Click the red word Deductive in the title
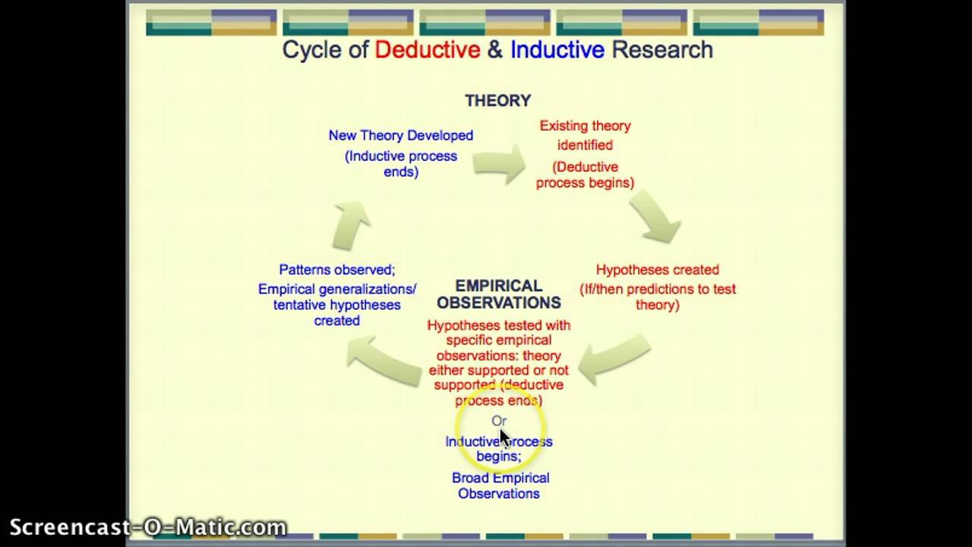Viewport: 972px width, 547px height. tap(428, 50)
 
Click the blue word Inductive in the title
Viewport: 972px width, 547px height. tap(557, 50)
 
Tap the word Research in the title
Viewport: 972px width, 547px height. tap(662, 50)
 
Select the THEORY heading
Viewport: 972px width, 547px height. tap(497, 100)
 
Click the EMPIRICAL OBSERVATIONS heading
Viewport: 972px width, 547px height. tap(498, 294)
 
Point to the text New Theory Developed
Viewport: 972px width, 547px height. tap(400, 135)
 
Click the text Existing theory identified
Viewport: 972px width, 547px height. tap(585, 135)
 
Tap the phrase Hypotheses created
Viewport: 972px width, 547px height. tap(657, 270)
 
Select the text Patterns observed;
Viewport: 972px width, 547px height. tap(336, 270)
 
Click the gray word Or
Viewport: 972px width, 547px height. tap(498, 421)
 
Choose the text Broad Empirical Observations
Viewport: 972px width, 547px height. tap(500, 485)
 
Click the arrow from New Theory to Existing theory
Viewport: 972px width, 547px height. tap(499, 162)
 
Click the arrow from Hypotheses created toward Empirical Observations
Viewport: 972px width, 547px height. tap(614, 358)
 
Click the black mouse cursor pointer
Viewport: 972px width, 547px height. tap(504, 438)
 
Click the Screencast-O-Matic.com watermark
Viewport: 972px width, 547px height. tap(148, 527)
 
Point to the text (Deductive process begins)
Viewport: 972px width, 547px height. tap(585, 175)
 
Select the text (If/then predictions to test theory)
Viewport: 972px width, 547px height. tap(658, 296)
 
